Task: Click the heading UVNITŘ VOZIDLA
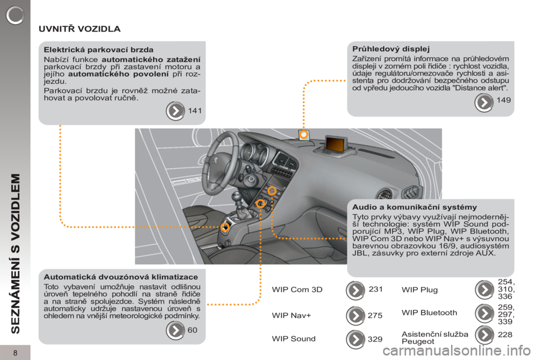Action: (x=79, y=29)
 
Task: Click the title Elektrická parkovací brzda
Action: (x=98, y=49)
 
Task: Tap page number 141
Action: (x=195, y=111)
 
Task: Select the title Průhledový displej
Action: (x=391, y=49)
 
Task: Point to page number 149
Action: (x=503, y=100)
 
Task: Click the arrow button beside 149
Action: (x=484, y=102)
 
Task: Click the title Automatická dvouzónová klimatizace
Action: (x=121, y=277)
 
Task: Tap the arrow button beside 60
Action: (x=175, y=330)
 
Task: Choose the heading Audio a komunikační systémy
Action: (x=415, y=207)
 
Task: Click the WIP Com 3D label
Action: (x=297, y=289)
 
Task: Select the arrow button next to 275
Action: (x=355, y=316)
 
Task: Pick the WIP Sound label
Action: (x=294, y=339)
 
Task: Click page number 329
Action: (x=375, y=339)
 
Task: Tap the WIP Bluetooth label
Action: (x=429, y=312)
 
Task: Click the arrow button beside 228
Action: (x=484, y=335)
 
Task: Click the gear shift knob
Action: (x=236, y=197)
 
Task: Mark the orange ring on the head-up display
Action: (x=303, y=134)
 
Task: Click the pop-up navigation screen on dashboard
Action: (x=335, y=143)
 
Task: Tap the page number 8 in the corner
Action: (x=15, y=353)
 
